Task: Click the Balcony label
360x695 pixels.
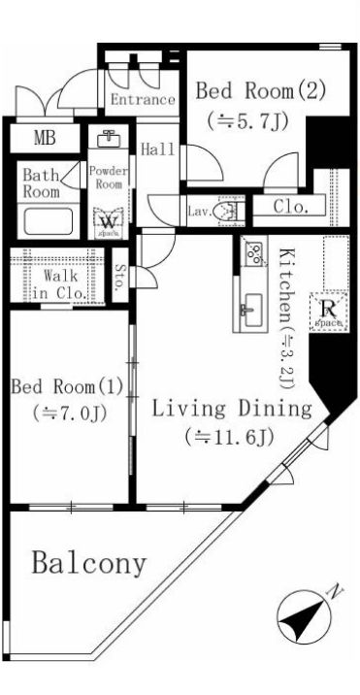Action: (x=88, y=563)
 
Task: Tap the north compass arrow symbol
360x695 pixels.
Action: (x=301, y=613)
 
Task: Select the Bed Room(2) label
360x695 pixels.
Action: (x=260, y=92)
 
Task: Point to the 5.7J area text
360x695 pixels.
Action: (x=247, y=121)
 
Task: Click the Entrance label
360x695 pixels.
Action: (x=142, y=100)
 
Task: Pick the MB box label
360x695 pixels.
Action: (x=45, y=138)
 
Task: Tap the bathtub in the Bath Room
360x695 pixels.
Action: (x=47, y=221)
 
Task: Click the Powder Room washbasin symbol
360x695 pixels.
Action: (x=109, y=138)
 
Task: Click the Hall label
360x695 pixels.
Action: (x=156, y=150)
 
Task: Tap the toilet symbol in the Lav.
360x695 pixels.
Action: (x=228, y=209)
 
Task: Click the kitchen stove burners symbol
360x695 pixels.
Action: (x=253, y=253)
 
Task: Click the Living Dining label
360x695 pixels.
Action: (x=230, y=408)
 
